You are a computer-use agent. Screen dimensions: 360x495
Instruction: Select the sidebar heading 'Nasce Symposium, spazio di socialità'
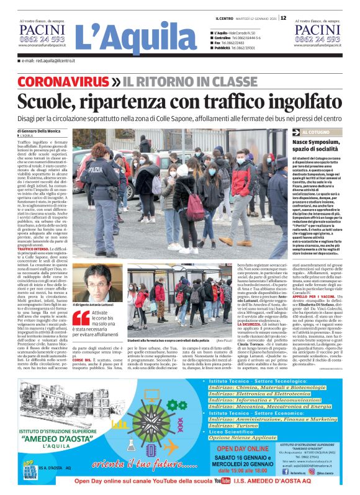(x=318, y=146)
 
